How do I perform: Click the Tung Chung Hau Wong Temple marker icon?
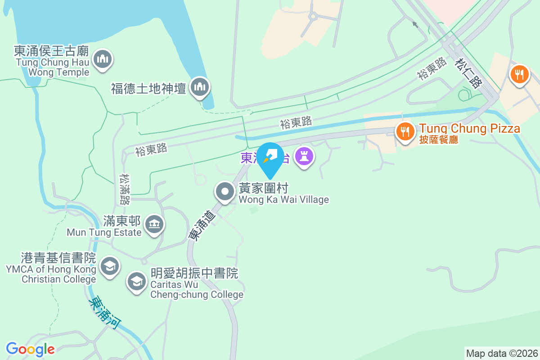point(103,59)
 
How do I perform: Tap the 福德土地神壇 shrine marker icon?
point(198,87)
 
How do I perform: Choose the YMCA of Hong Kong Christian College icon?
point(109,266)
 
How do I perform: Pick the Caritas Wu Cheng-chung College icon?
point(136,282)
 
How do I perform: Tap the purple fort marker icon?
point(304,157)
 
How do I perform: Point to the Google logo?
point(30,349)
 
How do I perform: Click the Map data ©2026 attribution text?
point(502,353)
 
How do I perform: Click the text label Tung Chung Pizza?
point(469,129)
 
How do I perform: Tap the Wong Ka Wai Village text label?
point(283,199)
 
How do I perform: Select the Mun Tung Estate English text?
point(104,232)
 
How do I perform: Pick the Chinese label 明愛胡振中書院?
point(194,273)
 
